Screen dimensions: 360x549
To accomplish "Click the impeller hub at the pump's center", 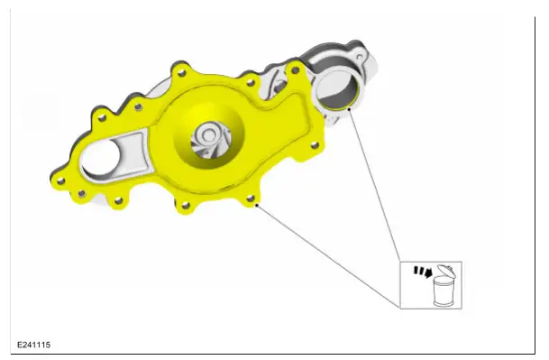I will pos(208,136).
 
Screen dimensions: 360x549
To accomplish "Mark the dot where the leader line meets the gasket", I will pos(258,207).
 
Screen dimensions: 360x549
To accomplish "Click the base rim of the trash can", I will pos(441,304).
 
